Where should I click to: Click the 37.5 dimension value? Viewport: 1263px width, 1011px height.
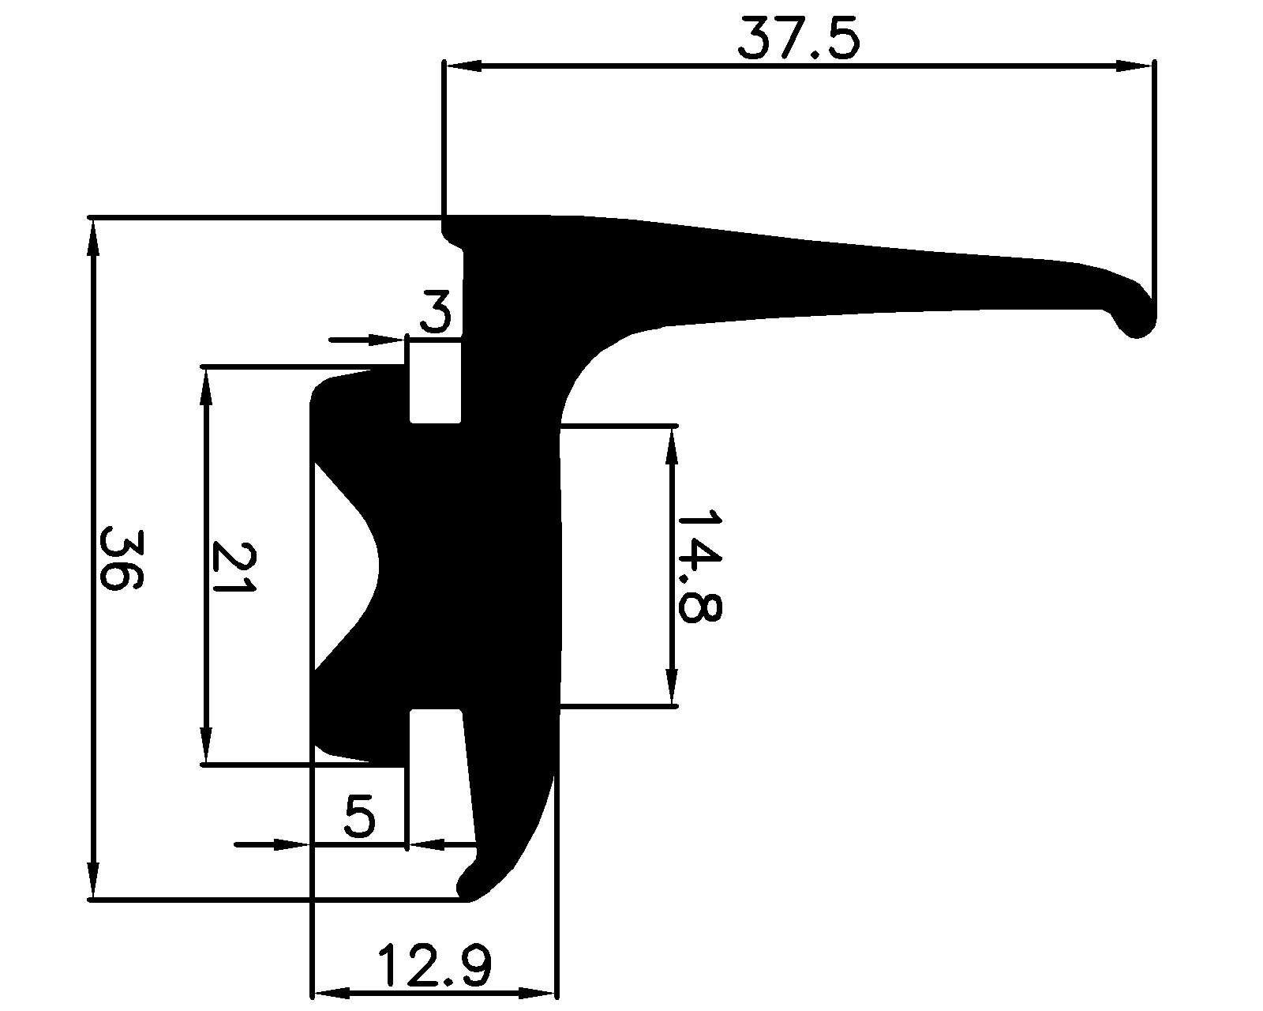coord(797,41)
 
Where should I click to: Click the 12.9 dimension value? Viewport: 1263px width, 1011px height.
coord(434,965)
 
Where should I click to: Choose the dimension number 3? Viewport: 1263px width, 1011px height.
coord(435,312)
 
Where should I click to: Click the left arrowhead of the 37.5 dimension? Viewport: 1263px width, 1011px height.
coord(463,67)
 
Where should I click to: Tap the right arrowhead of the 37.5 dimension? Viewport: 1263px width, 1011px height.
coord(1134,67)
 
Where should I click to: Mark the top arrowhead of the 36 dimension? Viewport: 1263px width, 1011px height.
coord(94,237)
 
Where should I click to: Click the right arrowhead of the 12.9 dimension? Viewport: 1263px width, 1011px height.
coord(538,992)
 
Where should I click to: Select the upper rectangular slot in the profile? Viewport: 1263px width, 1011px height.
coord(434,381)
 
